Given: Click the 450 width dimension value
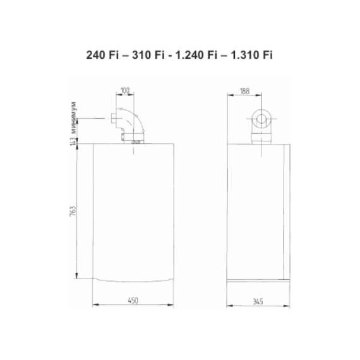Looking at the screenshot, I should pyautogui.click(x=133, y=301).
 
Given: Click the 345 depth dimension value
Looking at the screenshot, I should pyautogui.click(x=260, y=301).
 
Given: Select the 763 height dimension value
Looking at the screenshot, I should pyautogui.click(x=73, y=210).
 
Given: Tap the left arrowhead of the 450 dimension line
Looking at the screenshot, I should pyautogui.click(x=95, y=306).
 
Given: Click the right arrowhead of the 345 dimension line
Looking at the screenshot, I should pyautogui.click(x=290, y=306).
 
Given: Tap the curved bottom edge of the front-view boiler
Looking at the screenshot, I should pyautogui.click(x=133, y=282).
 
